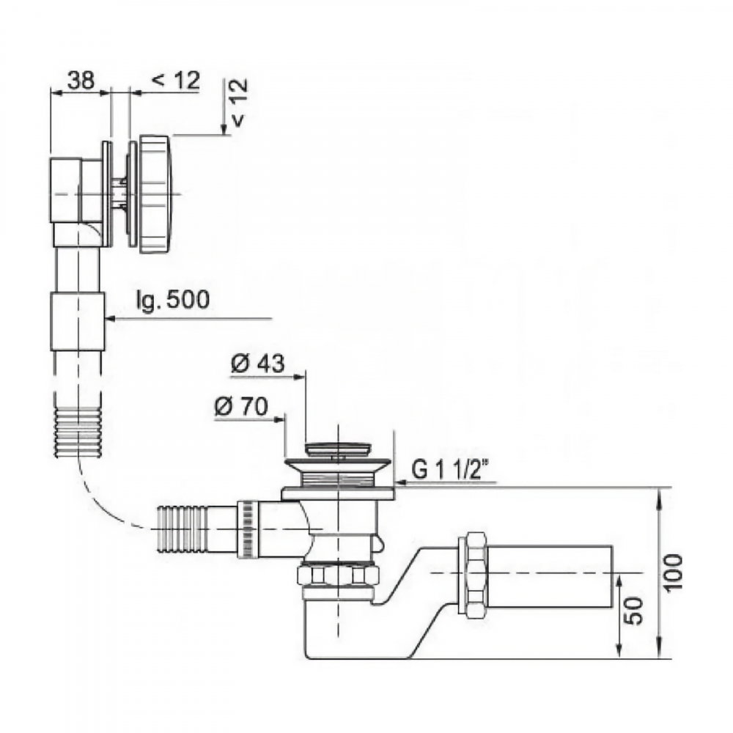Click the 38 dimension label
[81, 80]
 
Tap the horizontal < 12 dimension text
[176, 80]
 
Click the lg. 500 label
[172, 299]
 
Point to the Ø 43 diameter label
[257, 363]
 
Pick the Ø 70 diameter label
[241, 406]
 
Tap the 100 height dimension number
[673, 572]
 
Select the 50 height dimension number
[634, 611]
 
